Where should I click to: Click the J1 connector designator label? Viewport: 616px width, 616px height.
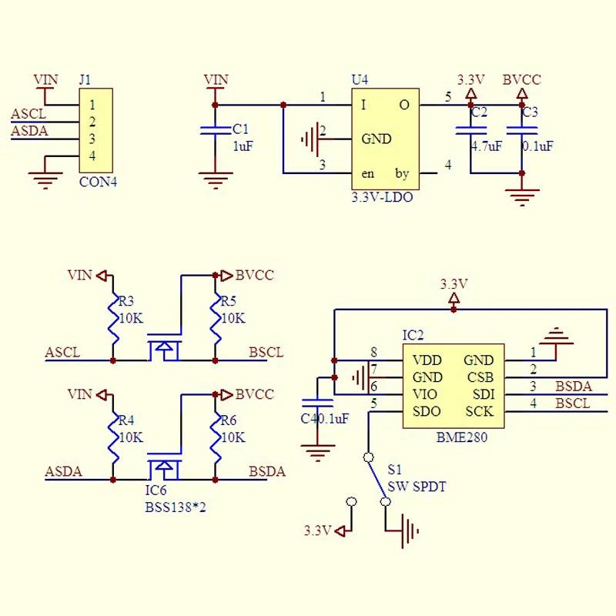85,80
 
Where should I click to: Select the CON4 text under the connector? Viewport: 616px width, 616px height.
98,182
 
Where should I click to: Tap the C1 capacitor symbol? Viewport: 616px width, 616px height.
216,130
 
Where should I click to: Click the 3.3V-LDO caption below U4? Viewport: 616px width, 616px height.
382,197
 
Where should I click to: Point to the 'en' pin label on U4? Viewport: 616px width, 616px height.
367,174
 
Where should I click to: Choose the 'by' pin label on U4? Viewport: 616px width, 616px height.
402,173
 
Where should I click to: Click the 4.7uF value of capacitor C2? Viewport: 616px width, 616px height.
487,146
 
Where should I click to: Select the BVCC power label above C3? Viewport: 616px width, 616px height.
522,80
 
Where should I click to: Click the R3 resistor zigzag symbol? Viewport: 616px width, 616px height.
113,318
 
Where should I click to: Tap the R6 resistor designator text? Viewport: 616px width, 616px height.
228,420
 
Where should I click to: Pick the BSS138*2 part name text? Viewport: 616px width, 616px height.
176,507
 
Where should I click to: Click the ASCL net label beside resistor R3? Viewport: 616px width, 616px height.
62,352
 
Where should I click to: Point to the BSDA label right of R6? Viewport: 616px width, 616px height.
267,471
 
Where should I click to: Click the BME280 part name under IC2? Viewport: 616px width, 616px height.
461,437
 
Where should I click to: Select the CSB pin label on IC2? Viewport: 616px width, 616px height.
480,377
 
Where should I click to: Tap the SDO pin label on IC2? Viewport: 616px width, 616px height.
427,411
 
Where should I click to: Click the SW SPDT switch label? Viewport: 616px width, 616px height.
417,487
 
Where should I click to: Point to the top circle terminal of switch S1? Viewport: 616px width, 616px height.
369,457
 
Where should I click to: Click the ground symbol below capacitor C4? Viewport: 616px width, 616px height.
317,453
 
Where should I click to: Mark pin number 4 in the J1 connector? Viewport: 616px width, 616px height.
92,156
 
